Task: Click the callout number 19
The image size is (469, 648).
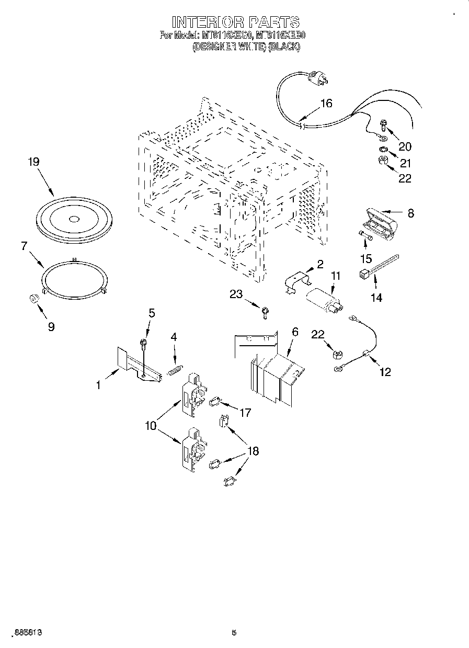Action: point(33,162)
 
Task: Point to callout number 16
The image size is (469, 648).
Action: point(326,103)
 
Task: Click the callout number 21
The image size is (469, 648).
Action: point(406,163)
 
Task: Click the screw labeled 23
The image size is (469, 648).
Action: point(266,313)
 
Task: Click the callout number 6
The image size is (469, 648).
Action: point(295,332)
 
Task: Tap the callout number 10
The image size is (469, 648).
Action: point(151,426)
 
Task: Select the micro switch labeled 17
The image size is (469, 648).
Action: point(214,403)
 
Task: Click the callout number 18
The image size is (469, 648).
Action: point(253,451)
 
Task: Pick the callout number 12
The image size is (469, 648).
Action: point(385,372)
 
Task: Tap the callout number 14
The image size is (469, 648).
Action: point(376,298)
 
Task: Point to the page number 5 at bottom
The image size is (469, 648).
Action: point(234,632)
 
